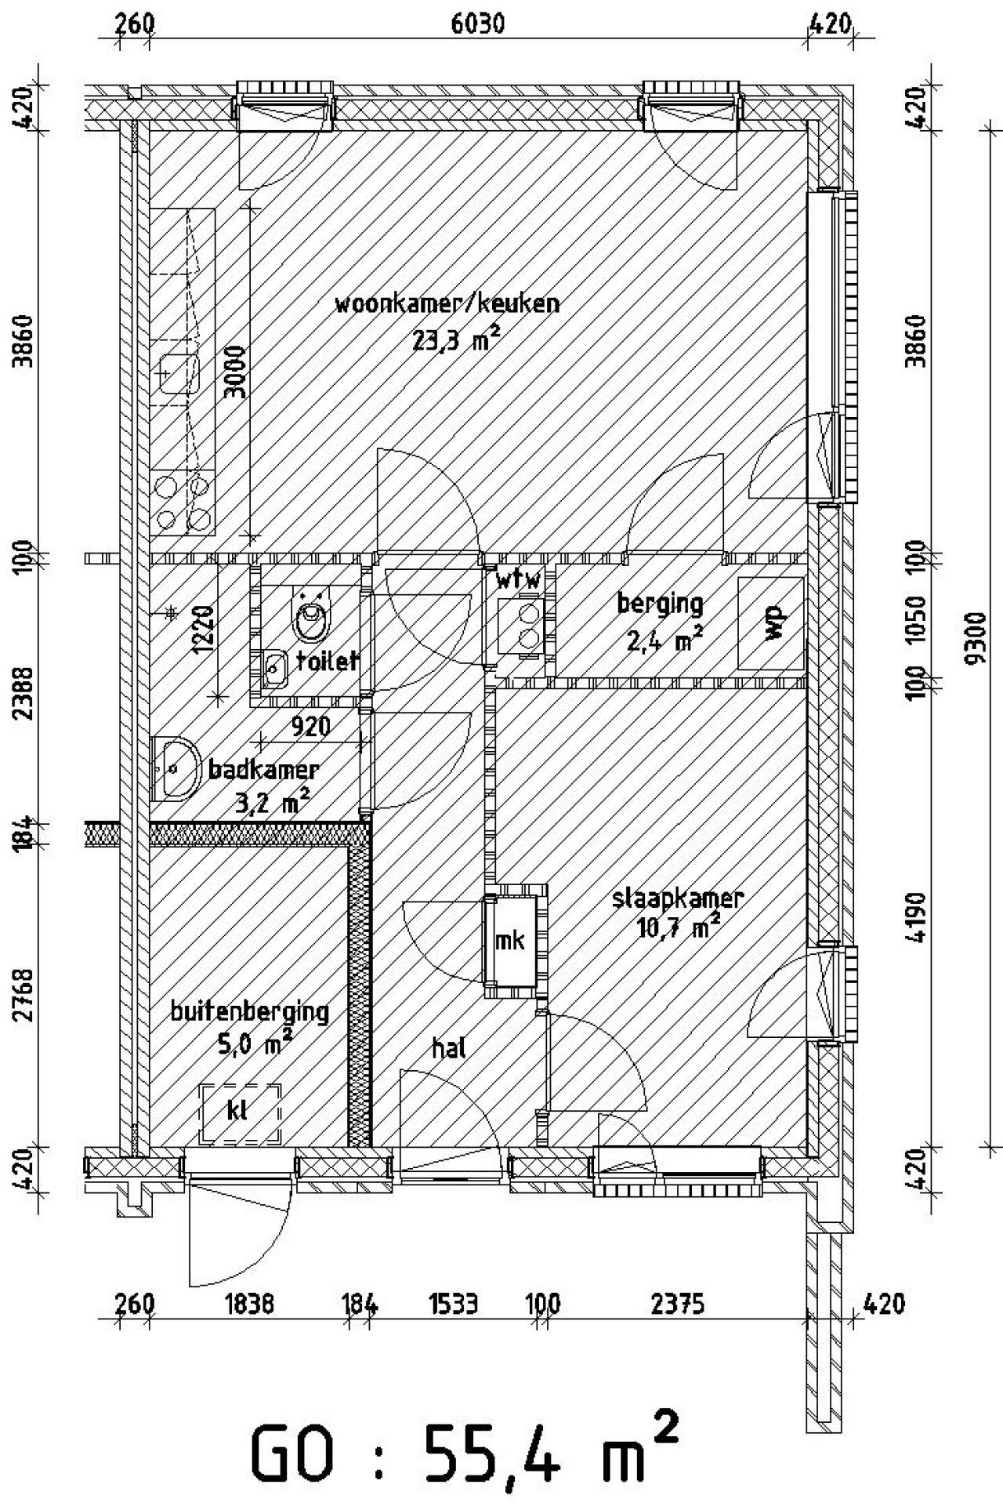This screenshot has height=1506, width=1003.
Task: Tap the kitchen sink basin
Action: click(x=179, y=374)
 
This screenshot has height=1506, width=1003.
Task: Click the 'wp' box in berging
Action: click(x=772, y=624)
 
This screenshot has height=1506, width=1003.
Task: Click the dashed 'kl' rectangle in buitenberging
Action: click(x=241, y=1112)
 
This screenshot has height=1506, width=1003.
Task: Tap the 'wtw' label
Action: click(x=518, y=582)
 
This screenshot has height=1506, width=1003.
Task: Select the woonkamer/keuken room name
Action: click(x=447, y=304)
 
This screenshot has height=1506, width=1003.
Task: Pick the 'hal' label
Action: click(x=449, y=1047)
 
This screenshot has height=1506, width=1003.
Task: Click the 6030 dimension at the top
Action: click(x=477, y=24)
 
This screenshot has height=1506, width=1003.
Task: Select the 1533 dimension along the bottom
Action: click(x=454, y=1305)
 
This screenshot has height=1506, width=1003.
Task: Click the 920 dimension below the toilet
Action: click(x=310, y=728)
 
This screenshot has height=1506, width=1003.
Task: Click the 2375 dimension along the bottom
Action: click(x=678, y=1305)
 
